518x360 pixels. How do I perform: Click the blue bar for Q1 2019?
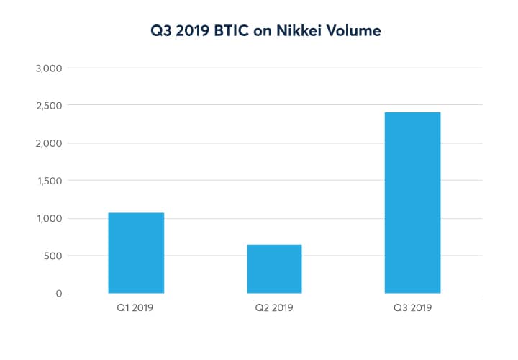pyautogui.click(x=136, y=253)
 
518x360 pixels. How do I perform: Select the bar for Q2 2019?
pyautogui.click(x=274, y=269)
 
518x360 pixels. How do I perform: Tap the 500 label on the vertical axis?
pyautogui.click(x=53, y=256)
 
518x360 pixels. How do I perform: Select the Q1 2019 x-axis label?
pyautogui.click(x=136, y=308)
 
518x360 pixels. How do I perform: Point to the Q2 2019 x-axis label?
pyautogui.click(x=274, y=308)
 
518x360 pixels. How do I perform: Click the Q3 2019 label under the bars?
pyautogui.click(x=412, y=308)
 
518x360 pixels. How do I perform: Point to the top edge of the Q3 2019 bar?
pyautogui.click(x=412, y=113)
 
